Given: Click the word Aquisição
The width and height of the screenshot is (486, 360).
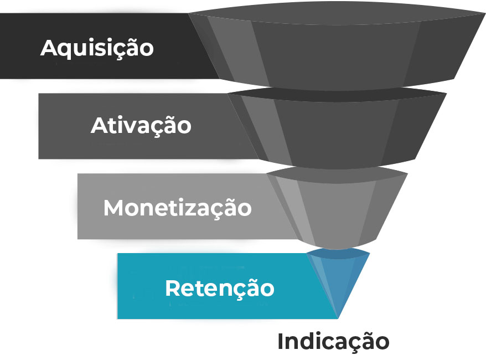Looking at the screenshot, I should (x=97, y=48).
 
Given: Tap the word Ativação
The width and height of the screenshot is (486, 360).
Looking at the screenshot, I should (x=141, y=125).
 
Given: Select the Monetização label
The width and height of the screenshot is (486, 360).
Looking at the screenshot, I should (x=177, y=208).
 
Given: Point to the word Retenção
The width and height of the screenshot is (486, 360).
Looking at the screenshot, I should (x=219, y=288).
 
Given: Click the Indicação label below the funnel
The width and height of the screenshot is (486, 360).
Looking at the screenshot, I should (x=333, y=341).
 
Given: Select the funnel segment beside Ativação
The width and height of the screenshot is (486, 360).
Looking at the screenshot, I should (x=338, y=130).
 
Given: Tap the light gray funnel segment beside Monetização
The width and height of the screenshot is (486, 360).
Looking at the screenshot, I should (x=338, y=208).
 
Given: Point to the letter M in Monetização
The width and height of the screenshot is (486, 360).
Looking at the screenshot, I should (x=114, y=208).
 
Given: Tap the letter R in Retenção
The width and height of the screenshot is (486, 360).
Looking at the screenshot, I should (x=173, y=288).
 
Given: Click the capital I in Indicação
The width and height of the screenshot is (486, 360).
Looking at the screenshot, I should (x=281, y=341).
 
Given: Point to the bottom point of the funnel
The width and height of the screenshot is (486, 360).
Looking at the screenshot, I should (x=338, y=317).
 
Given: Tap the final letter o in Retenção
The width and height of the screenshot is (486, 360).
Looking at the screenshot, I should (x=267, y=290).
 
